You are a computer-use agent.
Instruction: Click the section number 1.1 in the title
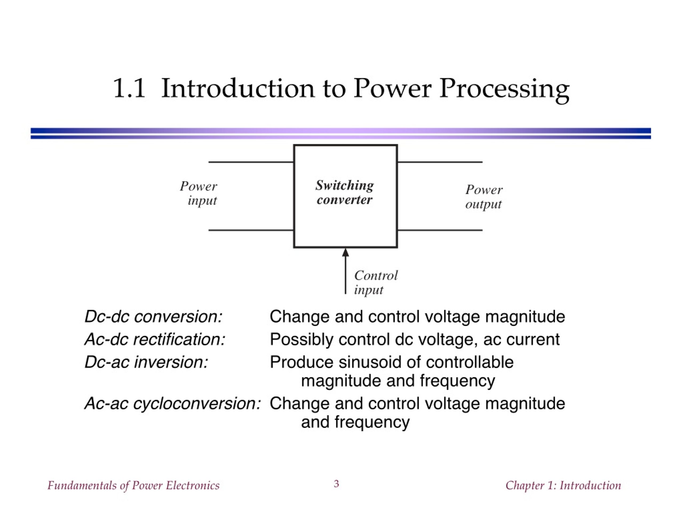129,88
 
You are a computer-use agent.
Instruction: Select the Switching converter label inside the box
344,192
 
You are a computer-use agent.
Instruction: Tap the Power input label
198,193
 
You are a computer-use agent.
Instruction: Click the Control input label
376,282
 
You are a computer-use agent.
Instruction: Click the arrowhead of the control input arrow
345,252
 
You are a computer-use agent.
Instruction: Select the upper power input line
251,162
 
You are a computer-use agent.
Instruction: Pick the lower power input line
251,230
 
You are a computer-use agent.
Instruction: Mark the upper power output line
440,162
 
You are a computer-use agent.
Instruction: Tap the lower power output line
440,230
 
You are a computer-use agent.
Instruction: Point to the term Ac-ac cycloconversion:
173,404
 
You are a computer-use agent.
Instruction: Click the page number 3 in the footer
336,484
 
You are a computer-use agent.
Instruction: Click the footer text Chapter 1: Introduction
563,485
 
